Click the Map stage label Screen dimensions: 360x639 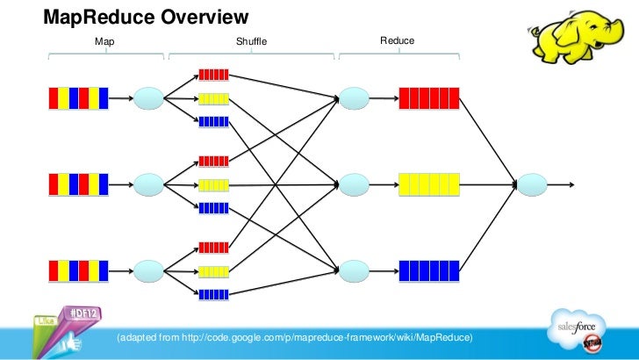[x=104, y=42]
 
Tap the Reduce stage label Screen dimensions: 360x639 [x=397, y=41]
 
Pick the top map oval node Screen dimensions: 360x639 [x=149, y=97]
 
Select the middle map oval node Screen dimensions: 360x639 [x=149, y=184]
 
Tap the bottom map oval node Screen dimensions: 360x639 [x=149, y=270]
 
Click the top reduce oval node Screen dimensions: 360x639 [x=354, y=97]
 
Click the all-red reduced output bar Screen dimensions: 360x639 [x=428, y=97]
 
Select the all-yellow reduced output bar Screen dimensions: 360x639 [x=428, y=184]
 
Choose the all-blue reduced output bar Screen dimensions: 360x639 [x=428, y=270]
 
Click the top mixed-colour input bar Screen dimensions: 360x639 [x=79, y=97]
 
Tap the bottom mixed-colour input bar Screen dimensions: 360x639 [x=79, y=270]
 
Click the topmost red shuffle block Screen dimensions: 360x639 [x=214, y=75]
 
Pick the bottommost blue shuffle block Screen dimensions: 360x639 [x=214, y=294]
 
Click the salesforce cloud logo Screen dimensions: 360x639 [x=578, y=329]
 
